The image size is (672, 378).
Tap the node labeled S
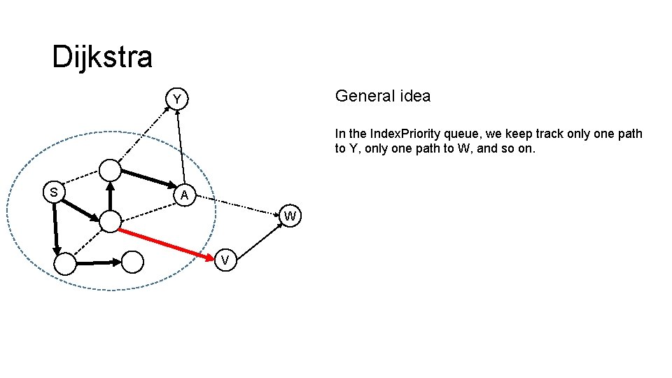(x=54, y=191)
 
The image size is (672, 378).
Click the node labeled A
(x=183, y=196)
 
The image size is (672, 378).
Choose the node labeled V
(x=225, y=261)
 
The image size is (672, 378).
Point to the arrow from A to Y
(x=180, y=147)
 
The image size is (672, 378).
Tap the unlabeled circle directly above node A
(x=110, y=169)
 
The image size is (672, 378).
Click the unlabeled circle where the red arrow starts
(x=110, y=222)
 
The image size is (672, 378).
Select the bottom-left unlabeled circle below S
(x=64, y=264)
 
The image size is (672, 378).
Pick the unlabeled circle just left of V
(x=132, y=262)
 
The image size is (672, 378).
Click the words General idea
(x=383, y=96)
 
